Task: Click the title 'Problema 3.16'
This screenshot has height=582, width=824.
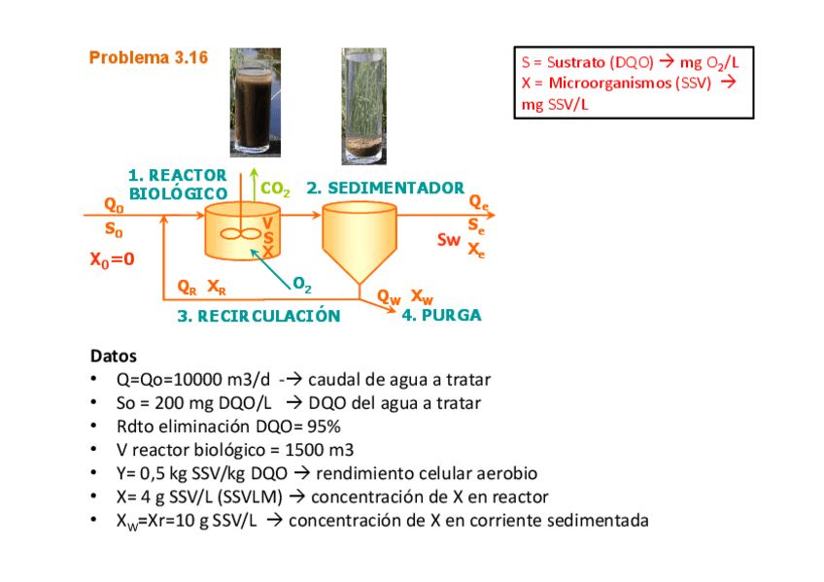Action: (148, 58)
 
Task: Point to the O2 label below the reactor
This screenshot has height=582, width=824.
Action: (302, 285)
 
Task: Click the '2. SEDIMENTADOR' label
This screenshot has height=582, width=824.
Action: (385, 188)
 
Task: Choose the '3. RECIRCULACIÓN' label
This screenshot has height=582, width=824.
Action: (258, 316)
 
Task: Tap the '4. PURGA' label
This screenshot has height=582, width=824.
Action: (441, 315)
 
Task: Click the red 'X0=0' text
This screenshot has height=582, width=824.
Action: (112, 259)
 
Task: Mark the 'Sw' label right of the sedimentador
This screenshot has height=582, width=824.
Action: (448, 240)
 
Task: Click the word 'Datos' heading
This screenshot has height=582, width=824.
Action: (114, 356)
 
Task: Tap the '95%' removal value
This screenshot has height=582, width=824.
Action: (323, 427)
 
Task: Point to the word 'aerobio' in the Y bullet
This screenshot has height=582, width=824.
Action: (505, 473)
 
